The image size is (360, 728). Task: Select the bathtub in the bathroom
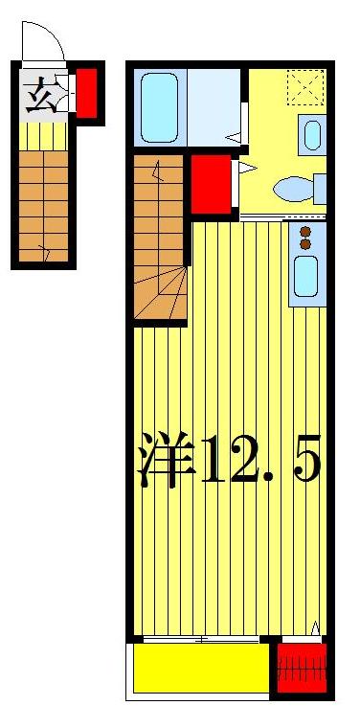[161, 107]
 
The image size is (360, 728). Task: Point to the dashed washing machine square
[307, 88]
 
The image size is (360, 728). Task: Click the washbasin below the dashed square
[312, 134]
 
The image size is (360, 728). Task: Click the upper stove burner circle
[307, 231]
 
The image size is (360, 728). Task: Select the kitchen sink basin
[307, 274]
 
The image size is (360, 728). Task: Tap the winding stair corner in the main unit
[161, 294]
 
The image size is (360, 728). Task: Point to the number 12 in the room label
[229, 461]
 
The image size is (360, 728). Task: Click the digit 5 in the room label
[304, 461]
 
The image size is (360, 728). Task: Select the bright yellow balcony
[200, 669]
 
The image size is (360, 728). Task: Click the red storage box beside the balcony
[302, 668]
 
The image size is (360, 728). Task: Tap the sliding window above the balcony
[201, 638]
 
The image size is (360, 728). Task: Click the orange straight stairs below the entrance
[42, 205]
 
